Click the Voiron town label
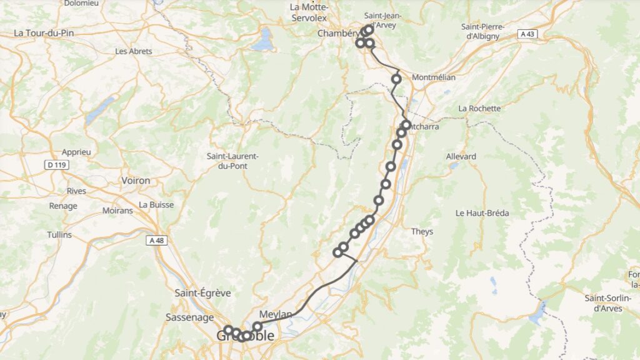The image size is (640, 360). coord(136,181)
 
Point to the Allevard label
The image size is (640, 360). coord(461,156)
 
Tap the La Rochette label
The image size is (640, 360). coord(479,108)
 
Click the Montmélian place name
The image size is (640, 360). coord(434,77)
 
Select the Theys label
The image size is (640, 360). coord(422,232)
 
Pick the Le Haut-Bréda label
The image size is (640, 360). coord(482,213)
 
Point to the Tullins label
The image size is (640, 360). coord(59,235)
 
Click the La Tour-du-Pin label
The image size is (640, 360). coord(44,32)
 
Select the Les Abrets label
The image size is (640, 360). coord(134,51)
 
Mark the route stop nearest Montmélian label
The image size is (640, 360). coord(396,79)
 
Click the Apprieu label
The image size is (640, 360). coord(76,152)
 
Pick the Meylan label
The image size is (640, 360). coord(275,314)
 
